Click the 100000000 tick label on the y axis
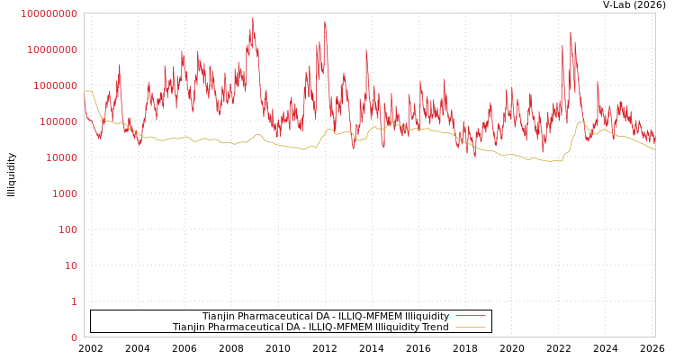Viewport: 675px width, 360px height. click(49, 13)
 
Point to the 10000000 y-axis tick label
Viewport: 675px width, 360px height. click(51, 49)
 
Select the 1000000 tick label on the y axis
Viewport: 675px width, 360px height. click(54, 85)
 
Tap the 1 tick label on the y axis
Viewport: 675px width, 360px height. click(74, 301)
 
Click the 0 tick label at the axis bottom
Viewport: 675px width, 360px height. click(74, 337)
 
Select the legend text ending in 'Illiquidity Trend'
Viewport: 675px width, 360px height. click(310, 328)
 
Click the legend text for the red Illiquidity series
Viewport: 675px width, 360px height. click(325, 317)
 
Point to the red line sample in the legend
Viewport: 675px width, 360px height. click(471, 316)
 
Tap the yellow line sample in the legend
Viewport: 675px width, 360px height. click(471, 328)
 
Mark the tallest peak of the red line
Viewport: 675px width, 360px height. click(253, 18)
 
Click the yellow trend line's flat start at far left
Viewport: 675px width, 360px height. click(87, 91)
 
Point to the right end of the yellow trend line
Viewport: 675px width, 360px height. click(654, 148)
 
